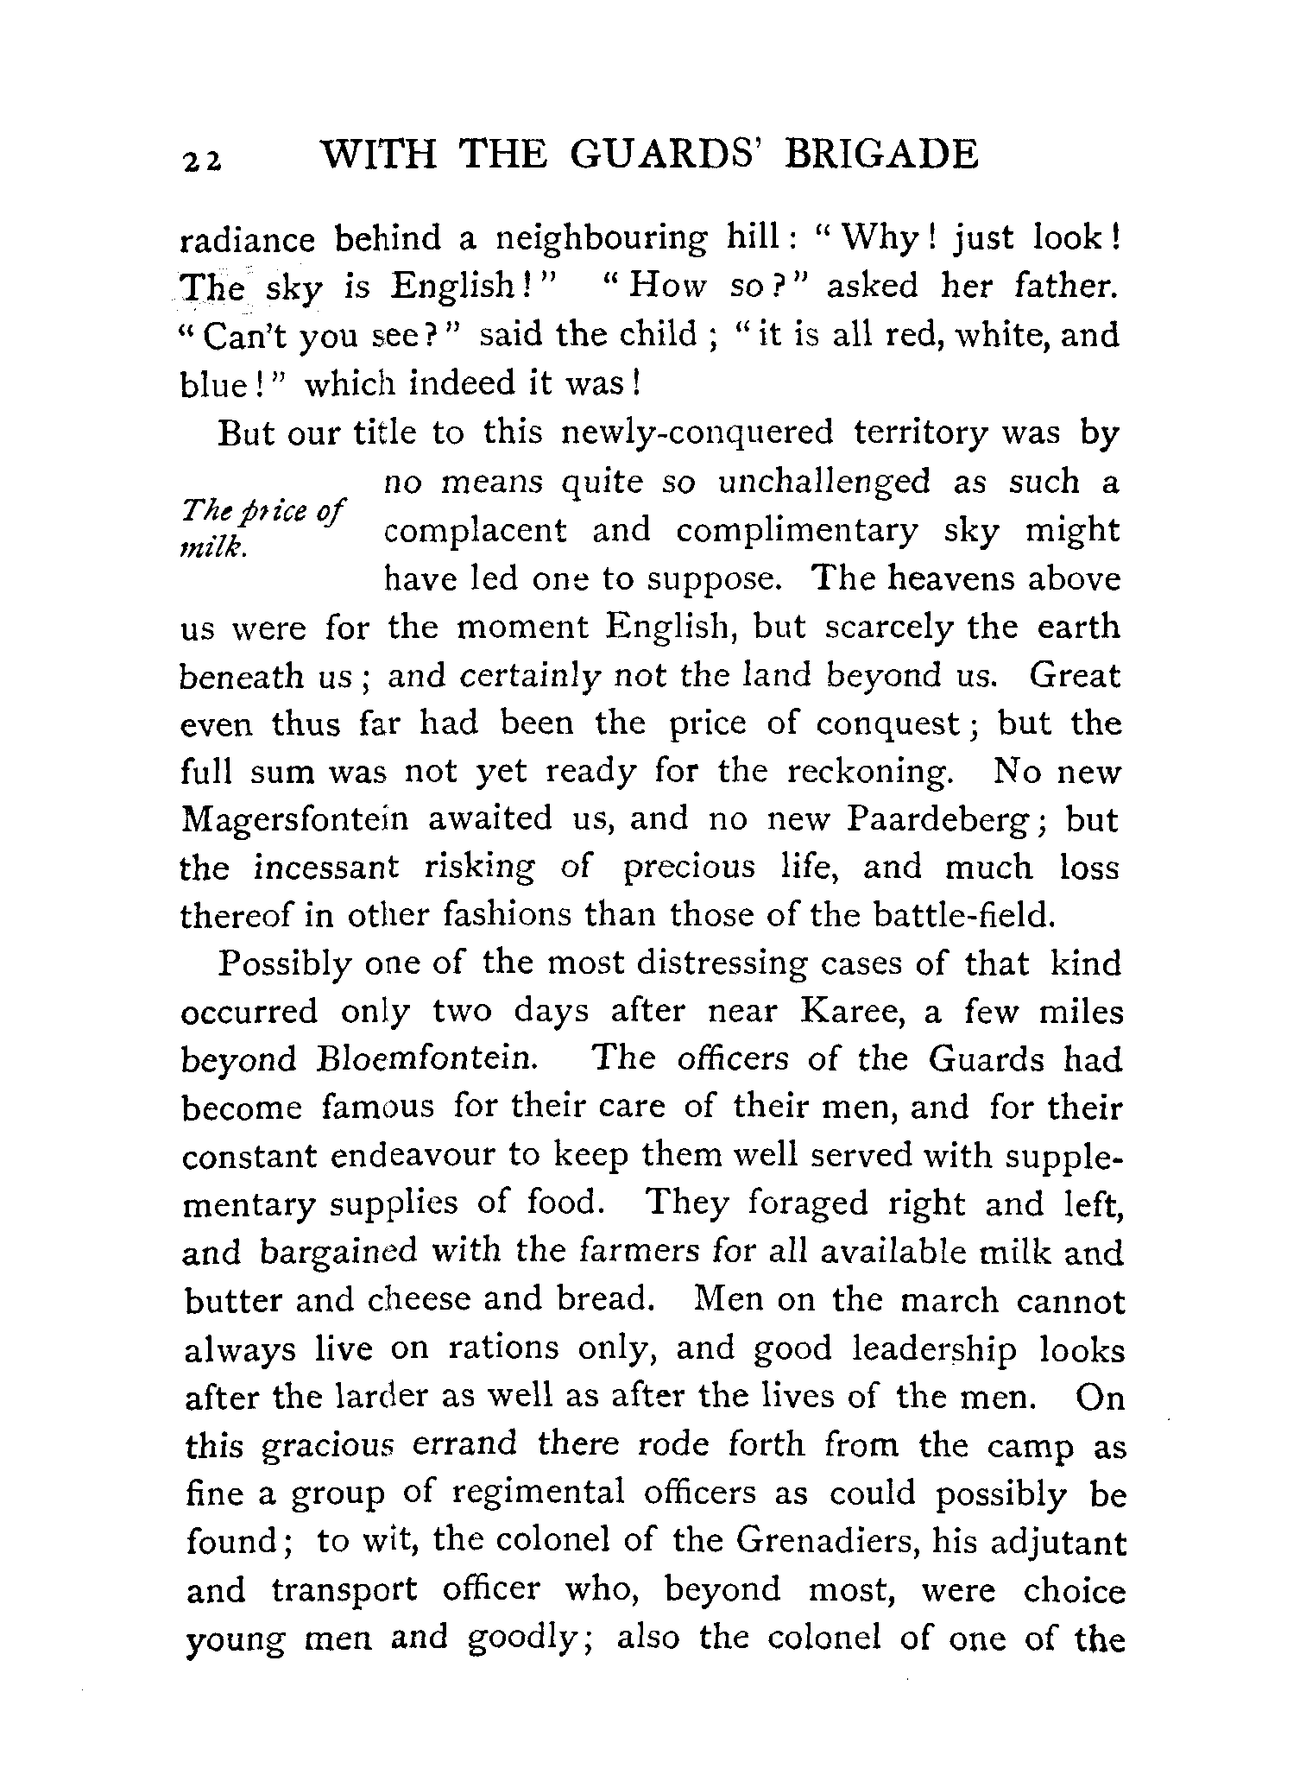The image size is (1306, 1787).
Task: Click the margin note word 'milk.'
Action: (213, 550)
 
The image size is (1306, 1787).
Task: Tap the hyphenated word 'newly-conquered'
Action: (697, 433)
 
